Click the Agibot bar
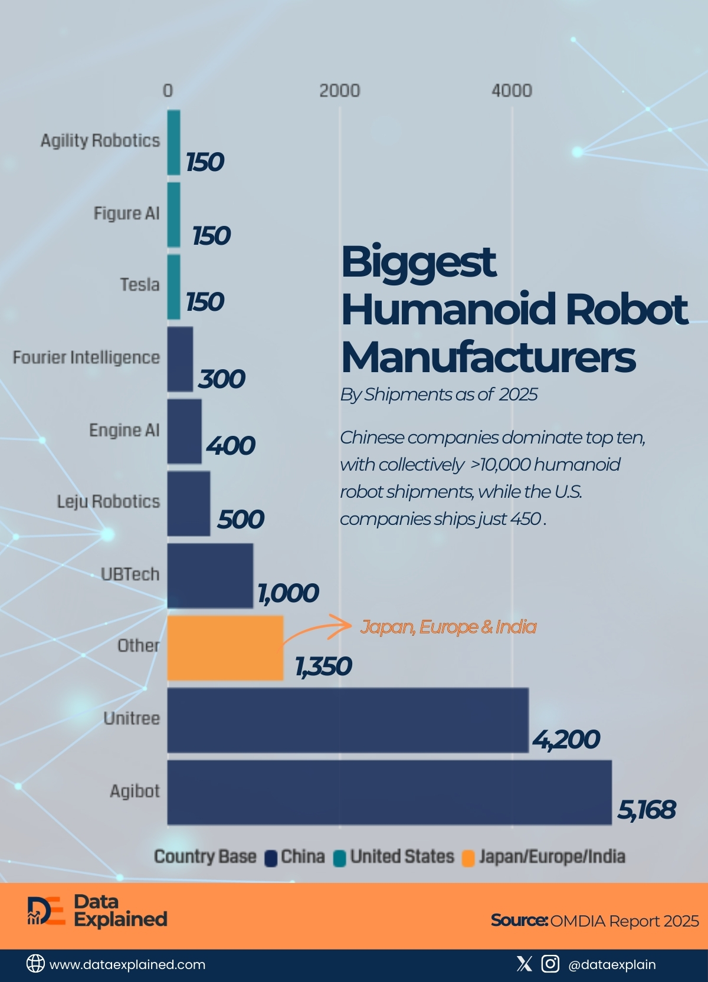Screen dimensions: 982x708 (x=389, y=792)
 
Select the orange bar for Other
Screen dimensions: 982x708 (x=225, y=648)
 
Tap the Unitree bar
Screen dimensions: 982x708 (x=348, y=720)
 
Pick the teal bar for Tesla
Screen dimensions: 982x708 (x=173, y=287)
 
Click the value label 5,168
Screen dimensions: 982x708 (x=647, y=810)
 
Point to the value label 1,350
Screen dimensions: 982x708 (x=323, y=666)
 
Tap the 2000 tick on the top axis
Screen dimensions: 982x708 (x=339, y=91)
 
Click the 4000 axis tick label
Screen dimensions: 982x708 (x=512, y=91)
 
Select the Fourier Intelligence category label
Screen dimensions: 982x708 (x=87, y=357)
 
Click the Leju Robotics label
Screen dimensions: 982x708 (x=109, y=501)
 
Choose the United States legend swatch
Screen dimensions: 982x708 (x=339, y=858)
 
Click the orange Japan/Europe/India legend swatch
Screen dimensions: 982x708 (x=468, y=858)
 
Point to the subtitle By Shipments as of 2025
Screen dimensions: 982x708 (x=438, y=394)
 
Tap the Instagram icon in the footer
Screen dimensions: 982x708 (x=550, y=964)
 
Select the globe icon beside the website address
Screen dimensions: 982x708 (x=35, y=964)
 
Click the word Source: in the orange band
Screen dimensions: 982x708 (x=519, y=921)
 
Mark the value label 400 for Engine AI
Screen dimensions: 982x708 (x=231, y=446)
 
